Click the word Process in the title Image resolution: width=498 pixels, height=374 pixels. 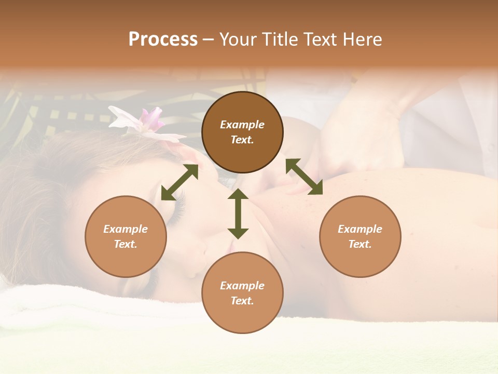coord(163,39)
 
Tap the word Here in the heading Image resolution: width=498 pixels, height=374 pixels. coord(363,39)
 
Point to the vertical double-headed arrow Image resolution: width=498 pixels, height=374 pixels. coord(238,213)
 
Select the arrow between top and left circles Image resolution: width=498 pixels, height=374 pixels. coord(179,182)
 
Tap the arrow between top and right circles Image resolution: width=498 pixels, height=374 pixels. coord(304,177)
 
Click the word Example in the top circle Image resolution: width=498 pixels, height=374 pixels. coord(242,125)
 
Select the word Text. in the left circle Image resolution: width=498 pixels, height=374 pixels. coord(126,244)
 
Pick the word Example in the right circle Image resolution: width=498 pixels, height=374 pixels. coord(360,229)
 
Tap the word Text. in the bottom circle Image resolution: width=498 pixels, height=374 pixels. coord(242,301)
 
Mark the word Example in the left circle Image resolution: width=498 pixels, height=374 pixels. coord(126,229)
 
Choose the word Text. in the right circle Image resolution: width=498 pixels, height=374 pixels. coord(360,244)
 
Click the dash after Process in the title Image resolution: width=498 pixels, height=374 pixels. coord(209,39)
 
